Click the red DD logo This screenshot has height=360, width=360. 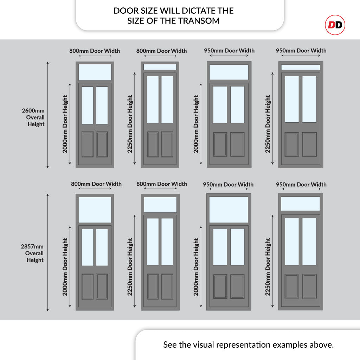click(335, 25)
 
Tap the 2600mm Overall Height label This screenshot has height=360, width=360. click(33, 117)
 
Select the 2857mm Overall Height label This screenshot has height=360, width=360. click(32, 253)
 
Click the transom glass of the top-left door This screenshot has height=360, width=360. click(95, 72)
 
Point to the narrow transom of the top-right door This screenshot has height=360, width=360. click(301, 67)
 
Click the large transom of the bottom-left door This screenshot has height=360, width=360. click(95, 210)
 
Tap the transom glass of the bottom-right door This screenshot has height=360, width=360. click(301, 204)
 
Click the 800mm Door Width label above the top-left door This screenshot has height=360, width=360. click(95, 51)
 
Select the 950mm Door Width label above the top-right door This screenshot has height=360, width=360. click(301, 51)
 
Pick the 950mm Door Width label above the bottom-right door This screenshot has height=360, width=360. click(301, 184)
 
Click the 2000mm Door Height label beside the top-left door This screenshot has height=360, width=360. click(65, 124)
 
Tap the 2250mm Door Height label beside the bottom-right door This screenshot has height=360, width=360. click(268, 267)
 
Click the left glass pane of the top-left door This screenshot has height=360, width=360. click(88, 105)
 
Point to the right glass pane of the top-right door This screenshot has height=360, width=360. click(309, 99)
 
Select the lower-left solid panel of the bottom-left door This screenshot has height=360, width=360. click(88, 287)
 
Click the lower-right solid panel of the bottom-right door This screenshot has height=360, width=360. click(309, 286)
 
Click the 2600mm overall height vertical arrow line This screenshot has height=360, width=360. click(47, 115)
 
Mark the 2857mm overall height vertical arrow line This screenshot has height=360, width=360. click(47, 252)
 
